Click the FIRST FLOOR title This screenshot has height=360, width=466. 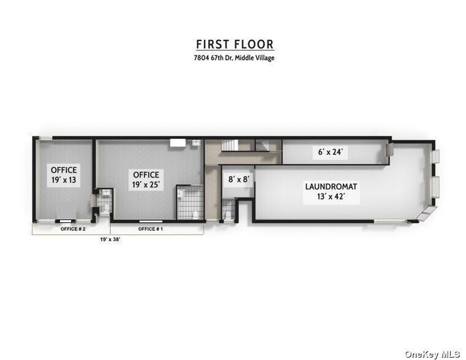tap(235, 44)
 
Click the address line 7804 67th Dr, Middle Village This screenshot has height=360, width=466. tap(235, 58)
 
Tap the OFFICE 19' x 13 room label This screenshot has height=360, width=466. tap(64, 176)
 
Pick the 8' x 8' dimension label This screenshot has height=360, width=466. tap(239, 180)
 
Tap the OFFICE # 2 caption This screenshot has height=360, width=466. tap(72, 228)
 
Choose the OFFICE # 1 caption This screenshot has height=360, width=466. tap(150, 228)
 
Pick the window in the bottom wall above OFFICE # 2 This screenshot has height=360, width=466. tap(64, 219)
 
